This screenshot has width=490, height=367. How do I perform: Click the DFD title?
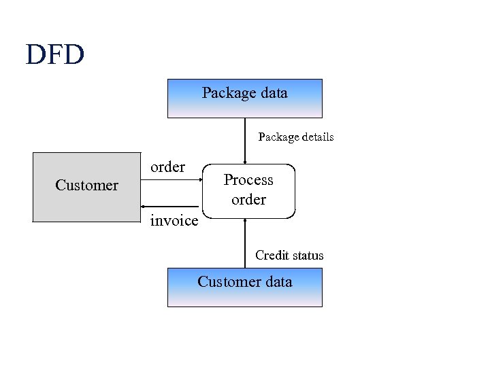[54, 54]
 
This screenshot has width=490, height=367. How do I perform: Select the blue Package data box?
[244, 99]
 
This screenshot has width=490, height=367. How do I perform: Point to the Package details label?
[295, 137]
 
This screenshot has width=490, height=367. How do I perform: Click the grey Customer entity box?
[86, 187]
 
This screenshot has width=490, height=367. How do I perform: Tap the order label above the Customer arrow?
[167, 167]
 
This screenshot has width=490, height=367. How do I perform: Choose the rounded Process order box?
[249, 190]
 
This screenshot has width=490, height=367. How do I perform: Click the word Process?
[248, 180]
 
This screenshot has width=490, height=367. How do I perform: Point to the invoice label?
[174, 221]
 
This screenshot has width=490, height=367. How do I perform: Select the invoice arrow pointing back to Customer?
[173, 206]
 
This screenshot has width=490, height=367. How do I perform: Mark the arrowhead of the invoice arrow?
[144, 206]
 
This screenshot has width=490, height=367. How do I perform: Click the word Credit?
[271, 256]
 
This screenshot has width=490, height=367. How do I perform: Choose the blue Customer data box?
[244, 287]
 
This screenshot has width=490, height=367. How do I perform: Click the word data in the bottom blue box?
[278, 282]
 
